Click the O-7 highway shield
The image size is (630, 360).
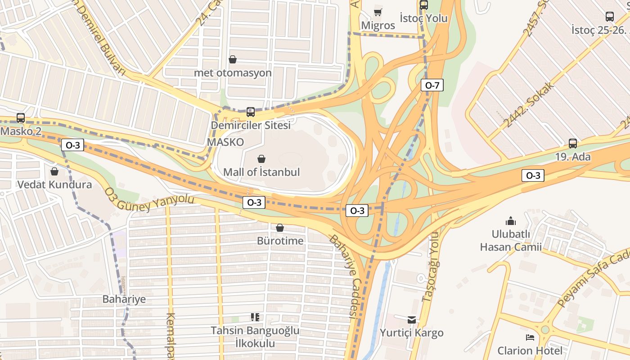click(432, 85)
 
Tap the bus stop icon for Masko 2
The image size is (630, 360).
click(21, 118)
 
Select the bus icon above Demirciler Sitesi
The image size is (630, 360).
click(251, 112)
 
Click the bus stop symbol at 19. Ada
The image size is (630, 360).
click(572, 144)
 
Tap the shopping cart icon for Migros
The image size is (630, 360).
click(378, 12)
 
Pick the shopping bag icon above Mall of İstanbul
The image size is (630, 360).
click(261, 159)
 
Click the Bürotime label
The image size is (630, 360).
click(280, 241)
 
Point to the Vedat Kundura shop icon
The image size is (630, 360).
click(54, 171)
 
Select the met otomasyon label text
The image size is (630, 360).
click(233, 72)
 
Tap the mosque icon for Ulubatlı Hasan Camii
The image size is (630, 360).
click(511, 221)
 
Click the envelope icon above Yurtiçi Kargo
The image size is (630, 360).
click(412, 319)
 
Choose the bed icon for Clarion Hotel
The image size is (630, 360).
click(530, 337)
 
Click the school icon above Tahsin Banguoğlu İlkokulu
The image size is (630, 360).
click(255, 317)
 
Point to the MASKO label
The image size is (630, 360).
click(225, 142)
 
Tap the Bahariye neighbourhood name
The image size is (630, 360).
click(124, 299)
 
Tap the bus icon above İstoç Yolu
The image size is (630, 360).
click(424, 5)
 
